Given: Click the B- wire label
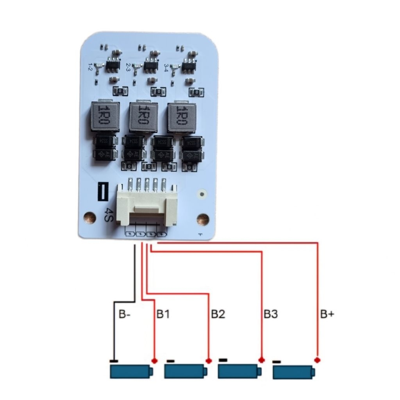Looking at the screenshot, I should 124,314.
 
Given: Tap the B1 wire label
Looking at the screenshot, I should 163,314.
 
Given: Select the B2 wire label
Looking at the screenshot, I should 218,314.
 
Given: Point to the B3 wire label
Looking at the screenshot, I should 270,314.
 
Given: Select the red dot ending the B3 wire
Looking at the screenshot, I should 261,359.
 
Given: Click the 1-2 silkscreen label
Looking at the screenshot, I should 91,66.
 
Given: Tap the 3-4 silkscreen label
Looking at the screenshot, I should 167,67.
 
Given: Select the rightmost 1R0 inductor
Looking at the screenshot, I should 181,116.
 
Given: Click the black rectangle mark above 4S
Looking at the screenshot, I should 102,192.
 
